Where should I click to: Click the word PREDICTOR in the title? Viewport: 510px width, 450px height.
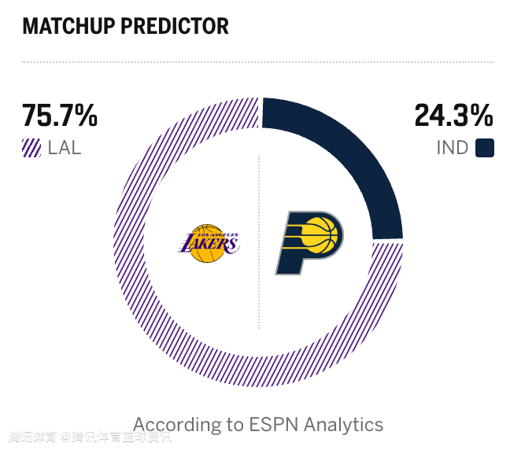(x=175, y=26)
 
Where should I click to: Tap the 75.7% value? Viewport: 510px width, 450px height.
(x=60, y=116)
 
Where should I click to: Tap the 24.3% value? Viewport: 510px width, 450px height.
(x=453, y=116)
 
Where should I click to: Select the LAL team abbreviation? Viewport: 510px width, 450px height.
(x=65, y=148)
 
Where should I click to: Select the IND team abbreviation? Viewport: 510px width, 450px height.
(x=452, y=148)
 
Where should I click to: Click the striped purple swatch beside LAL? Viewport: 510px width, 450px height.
(x=31, y=148)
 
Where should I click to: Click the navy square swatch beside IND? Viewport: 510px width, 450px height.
(x=485, y=148)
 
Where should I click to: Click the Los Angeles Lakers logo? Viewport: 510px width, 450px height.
(x=209, y=243)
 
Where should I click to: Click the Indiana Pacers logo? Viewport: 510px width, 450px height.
(x=309, y=242)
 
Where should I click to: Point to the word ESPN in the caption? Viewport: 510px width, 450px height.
(x=275, y=425)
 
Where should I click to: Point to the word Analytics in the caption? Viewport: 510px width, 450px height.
(x=344, y=425)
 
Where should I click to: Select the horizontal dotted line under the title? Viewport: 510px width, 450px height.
(x=258, y=61)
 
